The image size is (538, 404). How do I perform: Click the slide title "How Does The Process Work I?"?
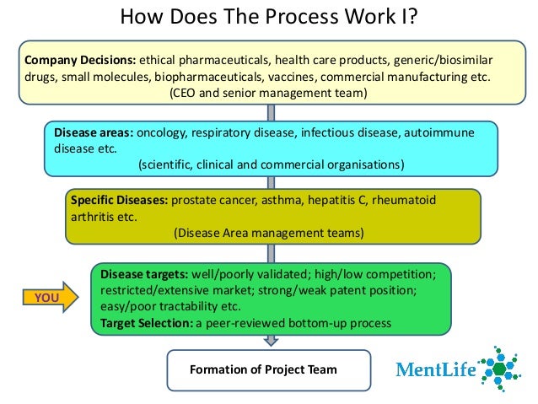268,17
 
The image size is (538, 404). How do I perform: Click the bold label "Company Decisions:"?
79,61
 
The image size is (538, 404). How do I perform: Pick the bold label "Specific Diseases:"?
119,201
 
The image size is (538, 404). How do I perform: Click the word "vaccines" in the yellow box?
331,77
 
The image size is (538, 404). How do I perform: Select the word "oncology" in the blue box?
162,133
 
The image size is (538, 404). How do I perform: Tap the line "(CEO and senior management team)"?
268,93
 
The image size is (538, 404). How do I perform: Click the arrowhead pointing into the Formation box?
269,341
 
